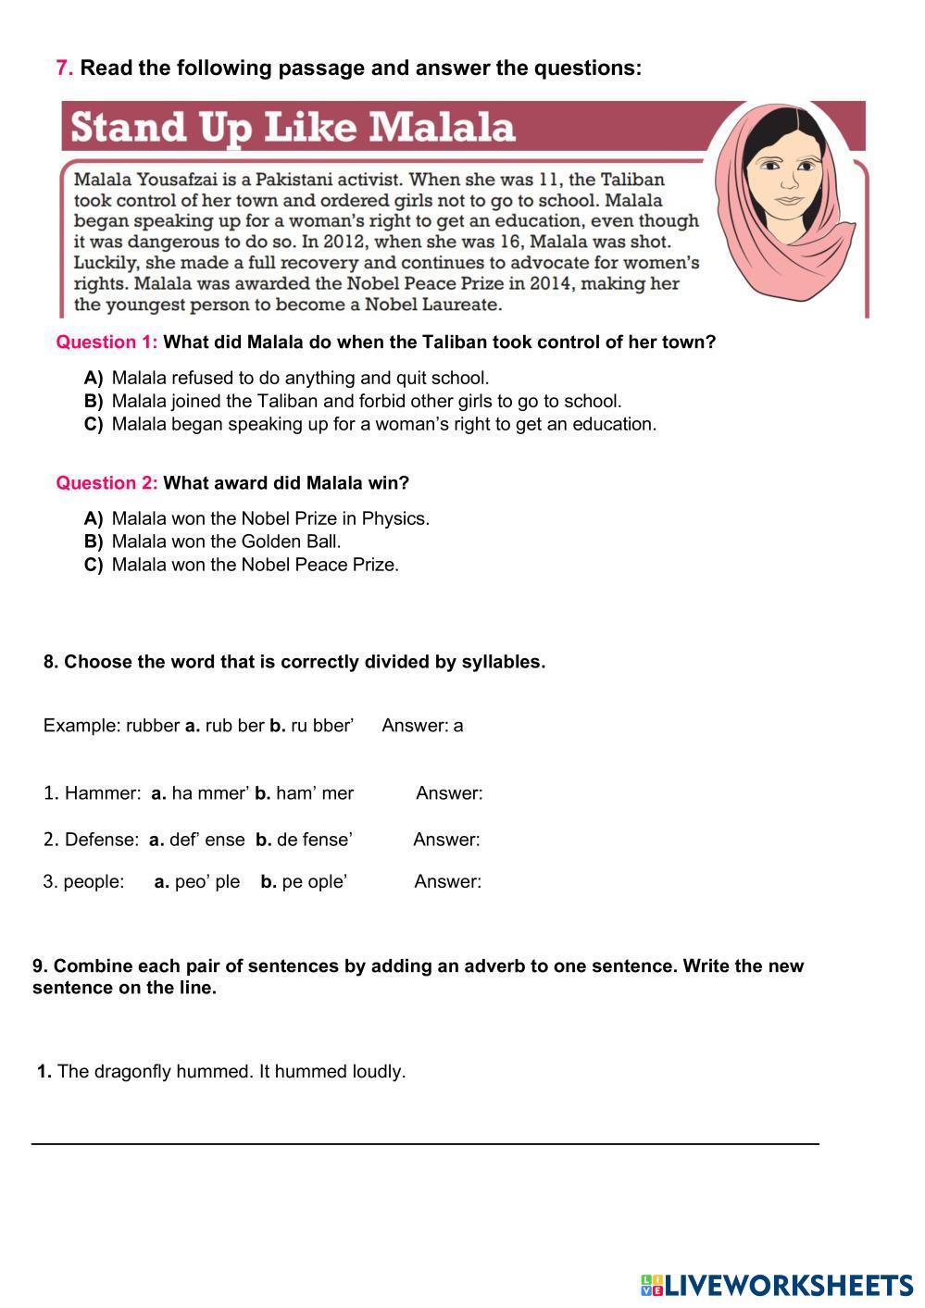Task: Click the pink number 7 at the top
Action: (x=63, y=69)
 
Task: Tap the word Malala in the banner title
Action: (x=453, y=128)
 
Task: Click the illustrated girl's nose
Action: (x=788, y=186)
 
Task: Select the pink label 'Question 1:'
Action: (x=106, y=343)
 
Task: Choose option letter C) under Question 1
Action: (x=93, y=425)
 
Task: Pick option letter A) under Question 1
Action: (x=93, y=379)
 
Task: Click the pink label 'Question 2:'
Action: (x=106, y=483)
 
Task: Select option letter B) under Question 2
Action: (x=93, y=542)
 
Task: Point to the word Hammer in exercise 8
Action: (x=102, y=793)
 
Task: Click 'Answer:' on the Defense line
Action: (x=446, y=841)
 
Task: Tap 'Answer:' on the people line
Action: (x=447, y=882)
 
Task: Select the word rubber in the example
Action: (x=153, y=726)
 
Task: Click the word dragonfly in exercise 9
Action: (x=132, y=1072)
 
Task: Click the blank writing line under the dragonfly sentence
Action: (x=425, y=1142)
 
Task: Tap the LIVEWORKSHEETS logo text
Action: (x=788, y=1285)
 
